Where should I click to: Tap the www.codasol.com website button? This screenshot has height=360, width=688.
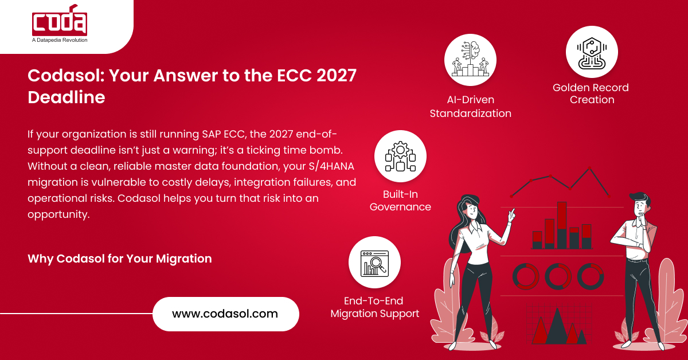[225, 314]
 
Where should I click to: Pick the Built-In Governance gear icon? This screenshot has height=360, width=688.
[400, 156]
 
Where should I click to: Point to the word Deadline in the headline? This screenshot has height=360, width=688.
[67, 97]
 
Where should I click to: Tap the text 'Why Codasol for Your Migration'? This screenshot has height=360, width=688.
[120, 259]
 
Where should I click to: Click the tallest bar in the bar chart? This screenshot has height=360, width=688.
[562, 224]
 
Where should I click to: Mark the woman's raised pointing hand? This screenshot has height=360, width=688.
[511, 214]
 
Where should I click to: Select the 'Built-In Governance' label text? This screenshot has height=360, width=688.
[400, 201]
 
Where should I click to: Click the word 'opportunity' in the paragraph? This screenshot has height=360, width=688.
[58, 214]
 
